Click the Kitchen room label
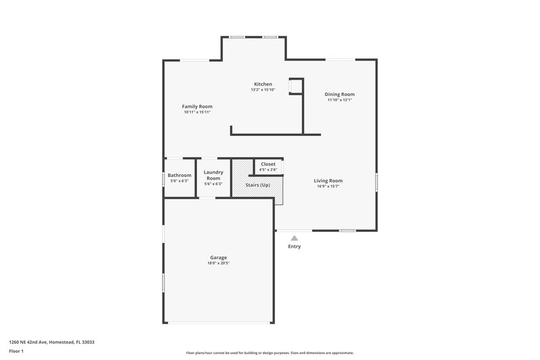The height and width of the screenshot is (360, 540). (263, 84)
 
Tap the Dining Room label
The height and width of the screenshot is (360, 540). (340, 94)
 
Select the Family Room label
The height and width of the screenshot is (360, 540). (197, 106)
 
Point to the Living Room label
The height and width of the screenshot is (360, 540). (328, 180)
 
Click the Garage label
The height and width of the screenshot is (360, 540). (217, 257)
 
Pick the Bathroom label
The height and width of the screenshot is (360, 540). (180, 175)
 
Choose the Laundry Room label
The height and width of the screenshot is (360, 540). (213, 175)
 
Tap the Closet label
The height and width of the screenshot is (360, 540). (268, 163)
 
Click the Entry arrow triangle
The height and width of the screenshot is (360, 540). (294, 238)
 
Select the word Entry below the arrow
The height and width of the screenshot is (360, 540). (294, 247)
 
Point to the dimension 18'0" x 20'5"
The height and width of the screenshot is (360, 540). (217, 263)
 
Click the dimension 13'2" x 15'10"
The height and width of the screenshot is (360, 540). (263, 90)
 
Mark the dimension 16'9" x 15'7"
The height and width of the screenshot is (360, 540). (328, 186)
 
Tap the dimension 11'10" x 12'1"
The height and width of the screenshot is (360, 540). (340, 100)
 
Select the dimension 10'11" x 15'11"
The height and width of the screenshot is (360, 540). (197, 112)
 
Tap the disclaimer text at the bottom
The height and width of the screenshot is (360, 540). (270, 353)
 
